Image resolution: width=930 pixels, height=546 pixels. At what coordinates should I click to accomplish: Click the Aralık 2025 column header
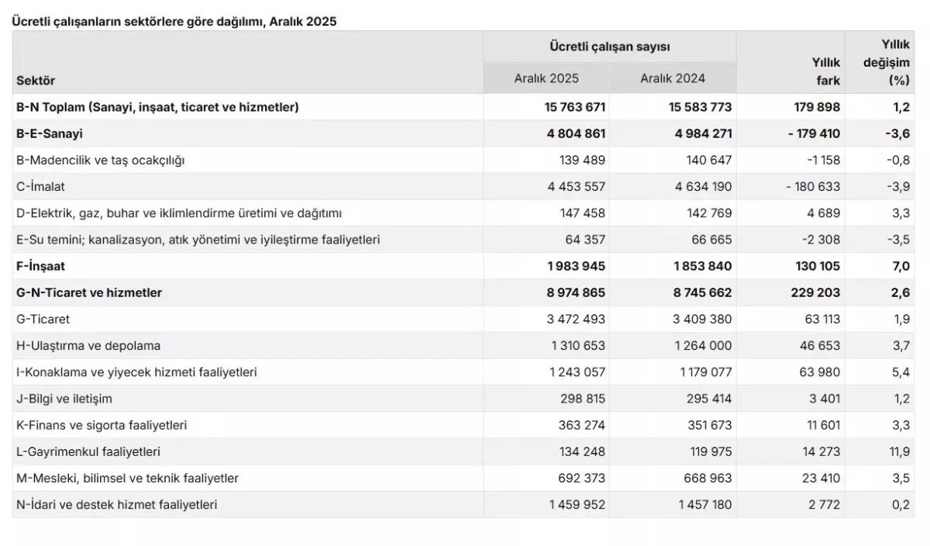tap(546, 78)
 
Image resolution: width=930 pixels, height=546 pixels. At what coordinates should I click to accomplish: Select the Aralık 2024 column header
tap(673, 78)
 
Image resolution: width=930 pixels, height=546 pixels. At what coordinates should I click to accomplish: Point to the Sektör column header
tap(36, 80)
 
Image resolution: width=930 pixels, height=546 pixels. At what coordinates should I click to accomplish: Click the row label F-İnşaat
tap(40, 266)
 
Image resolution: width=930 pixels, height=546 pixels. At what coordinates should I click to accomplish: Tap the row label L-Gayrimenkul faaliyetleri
tap(88, 451)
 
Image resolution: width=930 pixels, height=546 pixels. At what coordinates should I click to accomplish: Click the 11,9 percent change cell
tap(899, 451)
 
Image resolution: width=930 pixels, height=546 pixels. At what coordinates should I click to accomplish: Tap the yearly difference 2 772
tap(824, 504)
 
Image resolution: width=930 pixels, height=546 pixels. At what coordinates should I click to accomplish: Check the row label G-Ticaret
tap(43, 319)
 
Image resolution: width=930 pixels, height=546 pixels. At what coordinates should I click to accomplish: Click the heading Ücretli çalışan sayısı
tap(609, 47)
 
